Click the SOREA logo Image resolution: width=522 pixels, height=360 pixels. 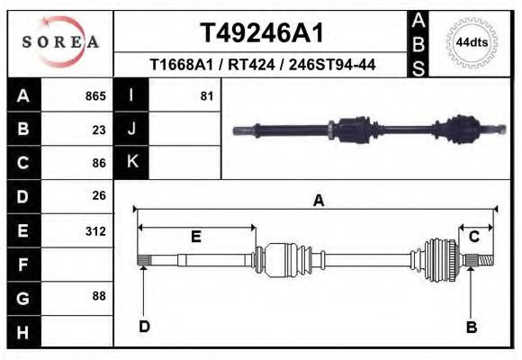[60, 42]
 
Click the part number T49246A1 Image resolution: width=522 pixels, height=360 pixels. [260, 33]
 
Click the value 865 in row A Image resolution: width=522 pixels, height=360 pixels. [95, 96]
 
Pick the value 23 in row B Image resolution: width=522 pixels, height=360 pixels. [99, 130]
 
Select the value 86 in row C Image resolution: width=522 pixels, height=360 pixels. [99, 163]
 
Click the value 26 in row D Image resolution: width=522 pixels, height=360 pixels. [99, 195]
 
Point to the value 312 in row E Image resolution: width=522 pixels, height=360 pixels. [95, 230]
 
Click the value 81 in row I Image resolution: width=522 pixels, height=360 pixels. [206, 96]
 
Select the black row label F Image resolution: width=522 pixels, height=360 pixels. [23, 264]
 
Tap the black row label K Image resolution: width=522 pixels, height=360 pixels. [131, 163]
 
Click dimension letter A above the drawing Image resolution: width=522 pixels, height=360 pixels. [318, 201]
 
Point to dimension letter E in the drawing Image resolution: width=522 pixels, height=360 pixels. [195, 236]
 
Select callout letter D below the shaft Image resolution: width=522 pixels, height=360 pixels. [144, 327]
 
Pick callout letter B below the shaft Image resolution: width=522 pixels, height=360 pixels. [470, 327]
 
